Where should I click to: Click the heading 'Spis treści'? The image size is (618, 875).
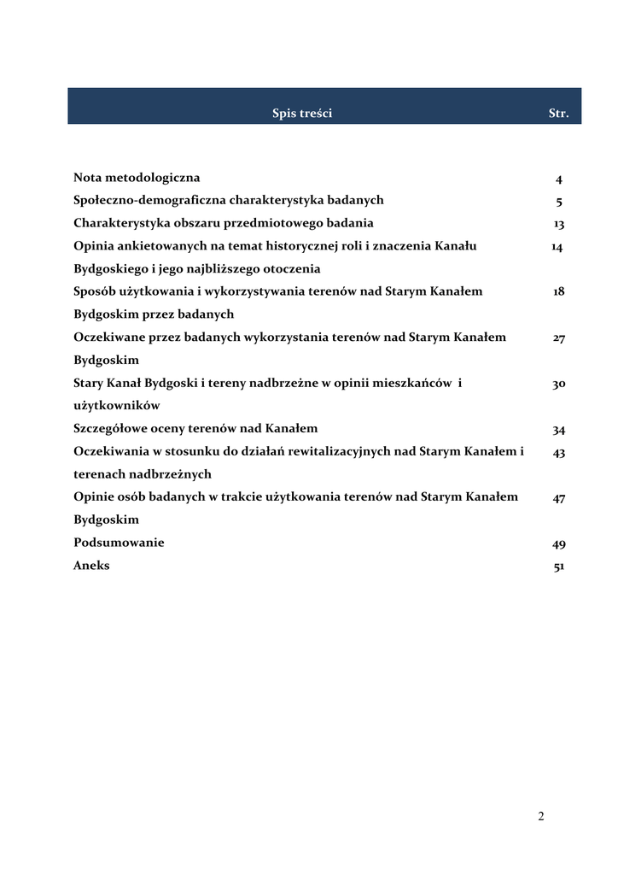pos(302,113)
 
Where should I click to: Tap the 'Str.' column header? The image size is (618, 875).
pos(557,113)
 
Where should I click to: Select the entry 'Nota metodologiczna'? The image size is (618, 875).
pos(137,178)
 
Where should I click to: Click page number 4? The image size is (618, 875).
pos(558,179)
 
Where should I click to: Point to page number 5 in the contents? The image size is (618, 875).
pos(558,203)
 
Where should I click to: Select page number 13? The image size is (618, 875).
pos(558,224)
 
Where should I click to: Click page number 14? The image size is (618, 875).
pos(557,247)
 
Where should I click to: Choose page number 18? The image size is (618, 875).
pos(558,291)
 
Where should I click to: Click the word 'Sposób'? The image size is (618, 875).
pos(94,291)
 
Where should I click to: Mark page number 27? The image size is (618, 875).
pos(558,338)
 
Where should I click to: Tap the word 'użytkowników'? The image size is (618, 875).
pos(117,406)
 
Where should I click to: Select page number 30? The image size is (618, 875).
pos(558,385)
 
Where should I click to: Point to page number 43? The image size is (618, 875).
pos(558,453)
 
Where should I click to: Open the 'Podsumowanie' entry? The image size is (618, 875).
pos(119,543)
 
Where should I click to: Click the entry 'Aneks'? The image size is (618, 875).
pos(91,566)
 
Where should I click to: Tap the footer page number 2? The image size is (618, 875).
pos(541,816)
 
